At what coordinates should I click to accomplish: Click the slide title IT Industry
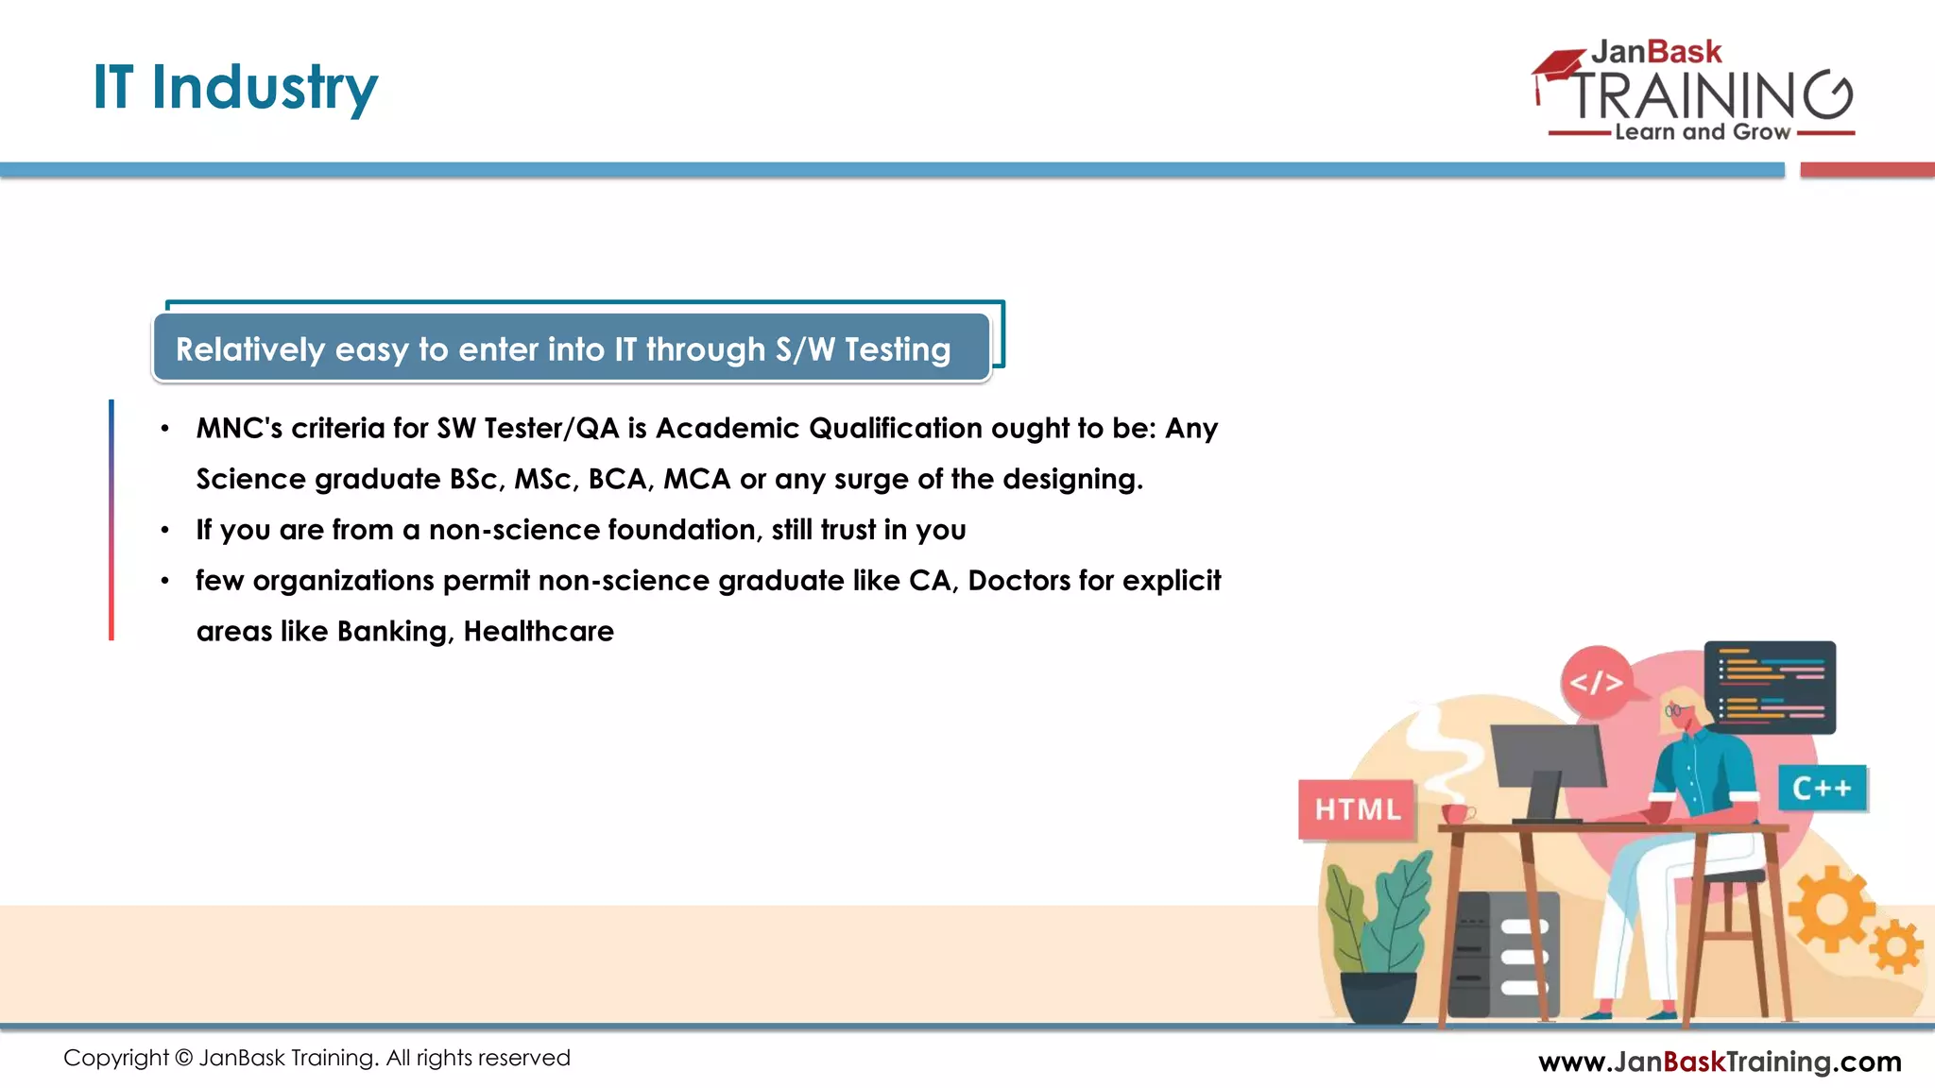235,87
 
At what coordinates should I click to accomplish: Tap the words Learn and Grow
1702,132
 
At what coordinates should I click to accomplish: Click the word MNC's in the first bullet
239,429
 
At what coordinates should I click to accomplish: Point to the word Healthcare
539,631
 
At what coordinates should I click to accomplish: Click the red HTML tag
1357,809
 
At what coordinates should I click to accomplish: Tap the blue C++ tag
1822,789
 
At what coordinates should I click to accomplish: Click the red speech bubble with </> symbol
1596,680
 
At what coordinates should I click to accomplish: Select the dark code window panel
1770,687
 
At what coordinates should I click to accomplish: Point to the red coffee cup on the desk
1455,813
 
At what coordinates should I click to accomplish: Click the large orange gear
1831,909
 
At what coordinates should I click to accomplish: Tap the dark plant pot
1378,995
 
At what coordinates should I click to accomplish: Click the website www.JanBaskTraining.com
1720,1062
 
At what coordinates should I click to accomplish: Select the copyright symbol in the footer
184,1058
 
